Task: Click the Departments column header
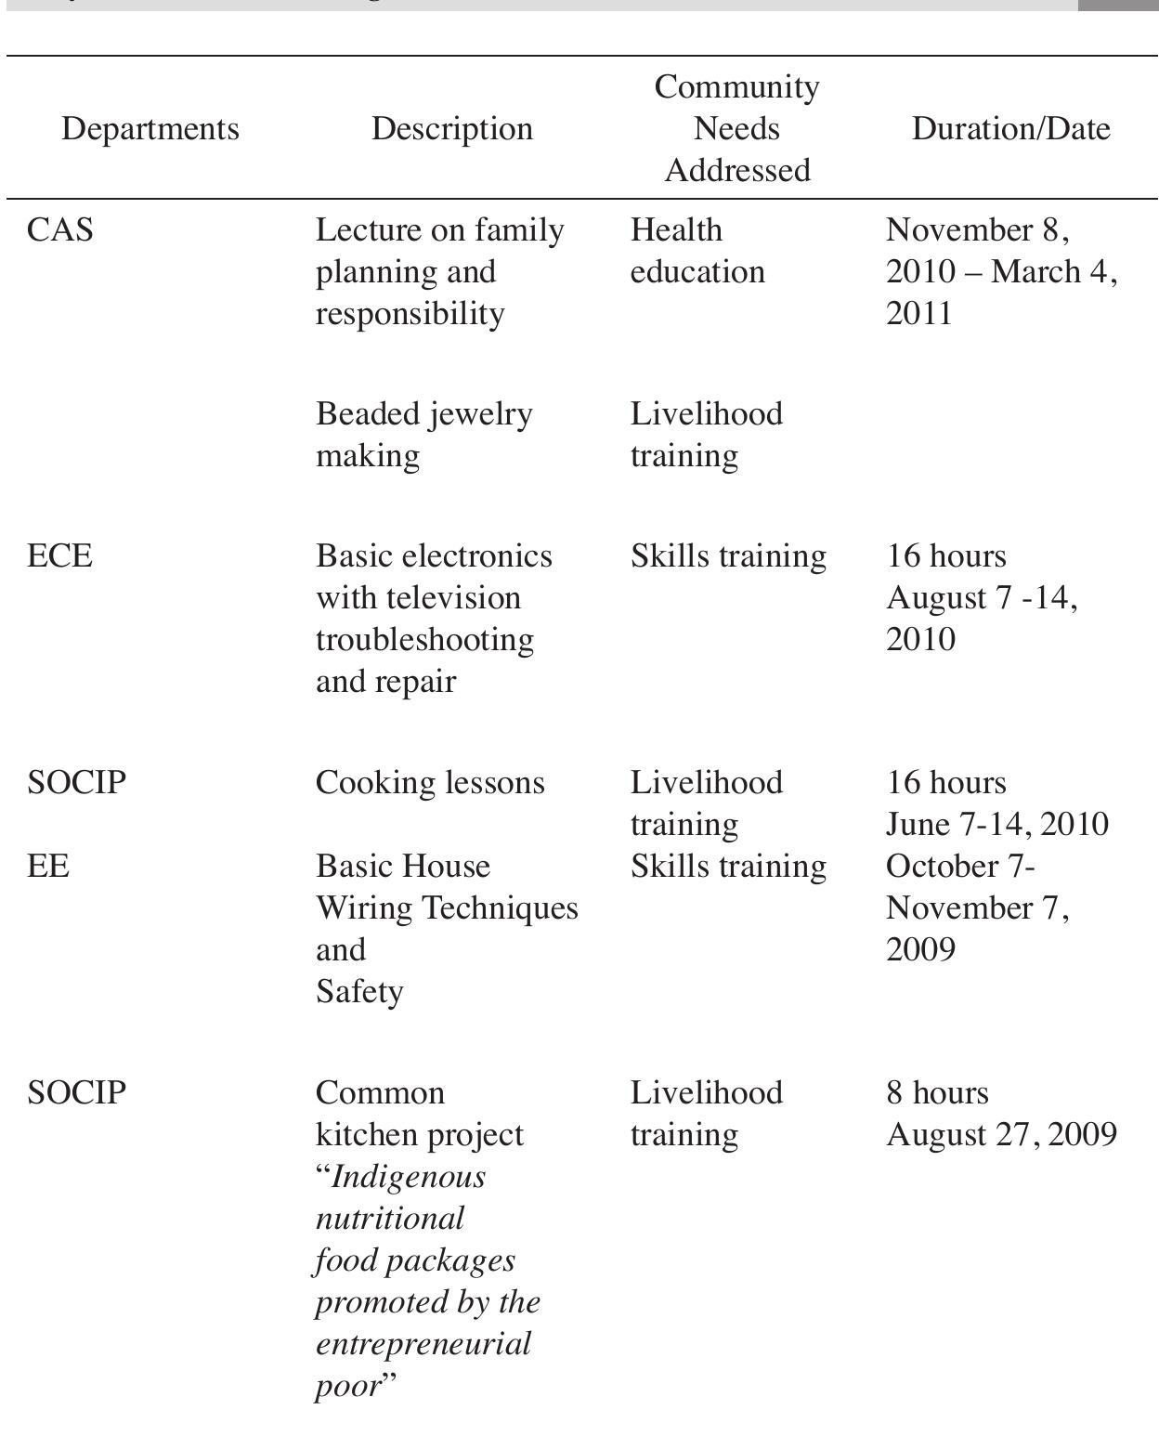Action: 150,128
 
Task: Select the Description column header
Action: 452,128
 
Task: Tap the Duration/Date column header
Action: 1010,128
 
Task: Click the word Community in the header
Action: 736,86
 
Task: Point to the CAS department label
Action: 60,229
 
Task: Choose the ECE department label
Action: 60,555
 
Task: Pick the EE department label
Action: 48,866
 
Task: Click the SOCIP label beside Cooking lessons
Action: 76,782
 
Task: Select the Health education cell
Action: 697,251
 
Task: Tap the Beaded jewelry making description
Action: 423,434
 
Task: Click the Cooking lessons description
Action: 430,782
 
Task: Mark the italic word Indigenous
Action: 408,1177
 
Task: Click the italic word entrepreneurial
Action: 423,1344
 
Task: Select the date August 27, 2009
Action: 1001,1135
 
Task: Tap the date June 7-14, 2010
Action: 996,824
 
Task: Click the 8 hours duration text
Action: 937,1092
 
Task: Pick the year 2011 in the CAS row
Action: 919,313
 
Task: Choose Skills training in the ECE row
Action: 728,555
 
